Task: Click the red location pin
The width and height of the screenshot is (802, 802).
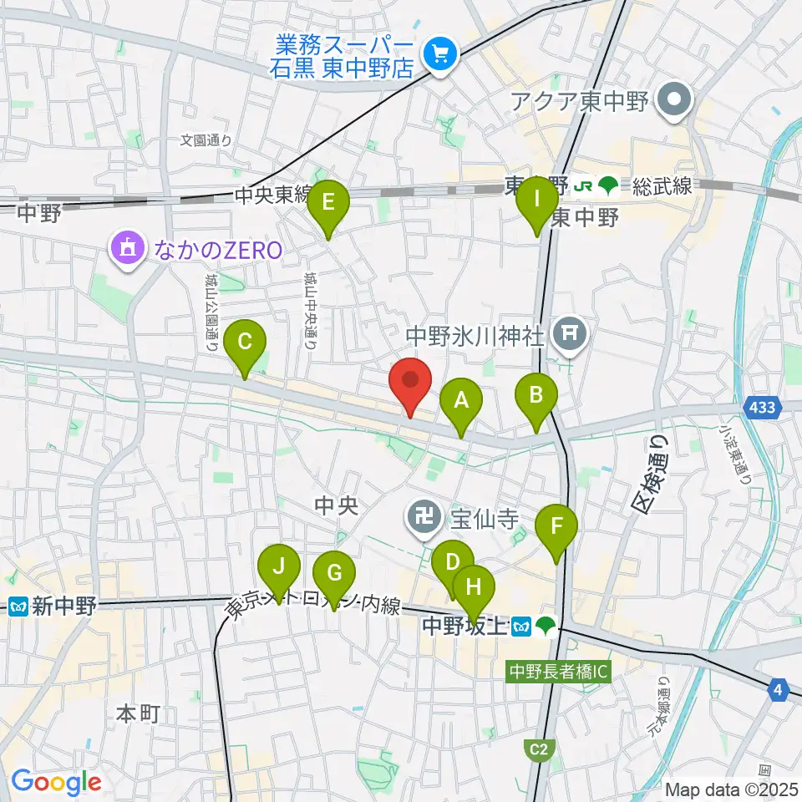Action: [x=410, y=381]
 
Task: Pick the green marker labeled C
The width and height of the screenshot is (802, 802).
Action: [x=246, y=343]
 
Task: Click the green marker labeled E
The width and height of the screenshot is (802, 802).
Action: [x=328, y=203]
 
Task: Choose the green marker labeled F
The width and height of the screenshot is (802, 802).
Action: [x=557, y=528]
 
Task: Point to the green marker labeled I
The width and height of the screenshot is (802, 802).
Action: [x=538, y=201]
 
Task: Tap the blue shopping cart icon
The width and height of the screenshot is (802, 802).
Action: [x=439, y=56]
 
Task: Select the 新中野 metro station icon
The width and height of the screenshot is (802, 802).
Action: [x=18, y=607]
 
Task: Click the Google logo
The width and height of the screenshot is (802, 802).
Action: [x=56, y=783]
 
